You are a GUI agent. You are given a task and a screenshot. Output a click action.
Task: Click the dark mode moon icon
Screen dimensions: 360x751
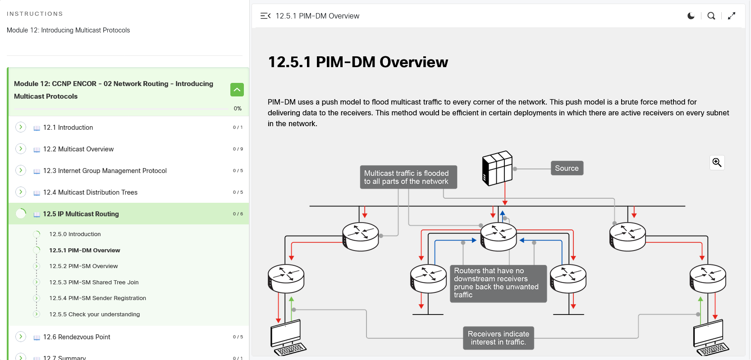691,16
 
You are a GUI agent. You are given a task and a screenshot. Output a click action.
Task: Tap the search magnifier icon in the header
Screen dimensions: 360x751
711,16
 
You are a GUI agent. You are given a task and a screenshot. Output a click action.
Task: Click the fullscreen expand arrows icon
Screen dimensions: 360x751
732,16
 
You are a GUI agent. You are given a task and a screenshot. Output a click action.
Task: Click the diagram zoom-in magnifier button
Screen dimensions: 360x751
717,163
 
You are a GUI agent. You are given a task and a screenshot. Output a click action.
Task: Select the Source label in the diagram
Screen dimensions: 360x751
567,168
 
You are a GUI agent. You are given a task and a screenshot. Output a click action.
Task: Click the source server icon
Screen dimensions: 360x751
497,168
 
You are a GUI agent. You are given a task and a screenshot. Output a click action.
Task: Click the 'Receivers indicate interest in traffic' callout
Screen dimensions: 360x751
498,338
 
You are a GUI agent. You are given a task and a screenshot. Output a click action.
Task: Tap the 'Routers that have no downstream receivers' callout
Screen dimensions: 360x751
498,283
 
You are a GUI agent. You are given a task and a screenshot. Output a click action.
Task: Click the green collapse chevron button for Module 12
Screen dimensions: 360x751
237,90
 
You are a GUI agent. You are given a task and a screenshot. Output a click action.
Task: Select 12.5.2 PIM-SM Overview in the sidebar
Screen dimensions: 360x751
83,266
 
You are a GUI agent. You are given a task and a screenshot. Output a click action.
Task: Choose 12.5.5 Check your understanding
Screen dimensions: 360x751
95,314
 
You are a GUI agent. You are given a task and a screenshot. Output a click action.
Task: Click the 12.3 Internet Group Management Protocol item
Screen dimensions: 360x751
105,171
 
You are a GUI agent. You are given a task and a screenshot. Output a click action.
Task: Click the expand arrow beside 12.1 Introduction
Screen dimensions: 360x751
21,128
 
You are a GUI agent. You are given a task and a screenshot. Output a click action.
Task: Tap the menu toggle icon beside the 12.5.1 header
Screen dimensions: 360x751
266,16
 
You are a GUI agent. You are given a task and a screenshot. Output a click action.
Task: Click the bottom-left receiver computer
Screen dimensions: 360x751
288,337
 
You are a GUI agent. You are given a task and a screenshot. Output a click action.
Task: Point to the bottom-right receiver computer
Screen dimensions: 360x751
710,337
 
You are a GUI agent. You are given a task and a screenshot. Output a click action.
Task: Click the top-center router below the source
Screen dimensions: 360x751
498,237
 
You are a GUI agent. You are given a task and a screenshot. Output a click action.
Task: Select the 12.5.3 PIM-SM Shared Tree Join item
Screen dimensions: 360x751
94,283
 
